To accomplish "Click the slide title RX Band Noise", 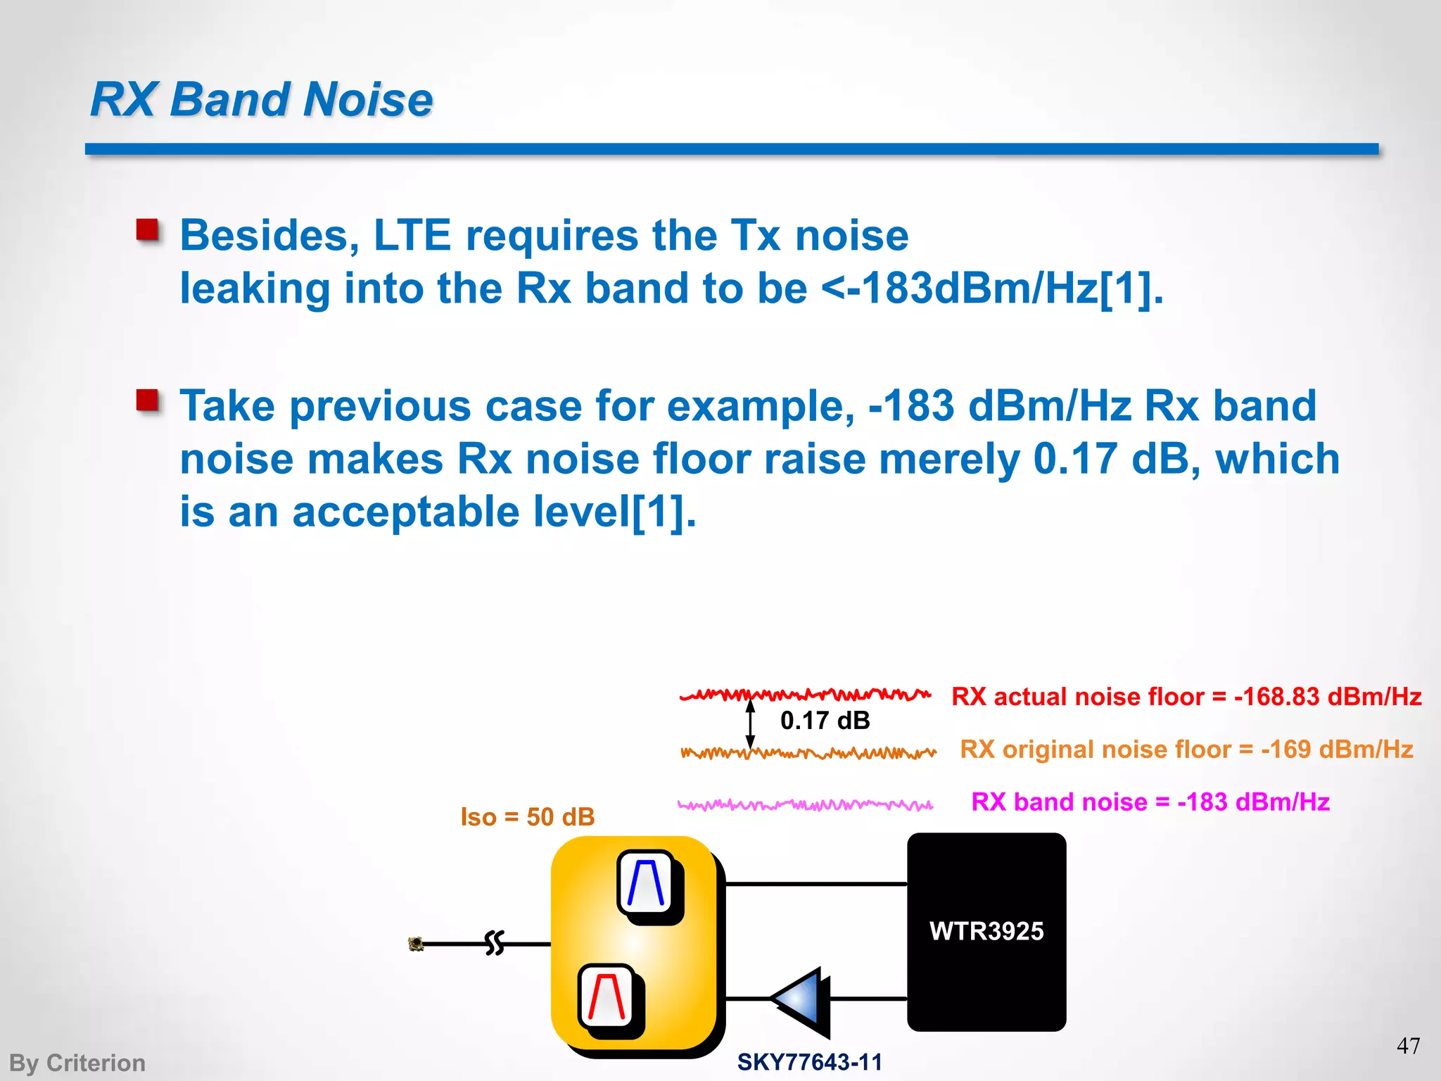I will point(261,99).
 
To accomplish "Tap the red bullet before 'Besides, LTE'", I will point(148,230).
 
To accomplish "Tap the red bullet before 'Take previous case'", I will point(148,400).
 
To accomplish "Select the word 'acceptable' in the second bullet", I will point(406,512).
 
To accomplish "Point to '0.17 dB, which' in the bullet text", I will point(1186,459).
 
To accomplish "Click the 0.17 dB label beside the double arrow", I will point(825,721).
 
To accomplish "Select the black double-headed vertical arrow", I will point(750,723).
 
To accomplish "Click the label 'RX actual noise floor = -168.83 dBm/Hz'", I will point(1186,697).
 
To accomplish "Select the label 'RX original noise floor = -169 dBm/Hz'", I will point(1186,750).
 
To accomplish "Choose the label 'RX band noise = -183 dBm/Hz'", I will point(1150,802).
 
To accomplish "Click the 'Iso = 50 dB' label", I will point(527,817).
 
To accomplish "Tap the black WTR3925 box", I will point(986,931).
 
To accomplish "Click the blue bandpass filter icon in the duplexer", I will point(645,883).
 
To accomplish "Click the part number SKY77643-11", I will point(809,1062).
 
